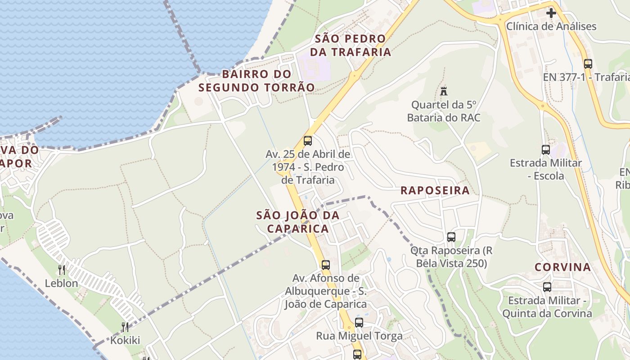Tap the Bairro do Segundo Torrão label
[x=256, y=81]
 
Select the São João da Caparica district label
[x=297, y=222]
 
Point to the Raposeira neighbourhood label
[x=435, y=190]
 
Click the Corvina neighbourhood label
[x=562, y=267]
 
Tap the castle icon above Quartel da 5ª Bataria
[x=444, y=91]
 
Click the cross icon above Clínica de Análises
[x=551, y=13]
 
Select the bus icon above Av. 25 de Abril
[x=308, y=140]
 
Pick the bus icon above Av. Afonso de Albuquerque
[x=326, y=265]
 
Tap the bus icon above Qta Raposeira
[x=451, y=237]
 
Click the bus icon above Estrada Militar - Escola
[x=545, y=149]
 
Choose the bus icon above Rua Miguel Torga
[x=359, y=322]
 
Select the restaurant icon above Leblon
[x=62, y=270]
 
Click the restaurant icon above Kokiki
[x=125, y=327]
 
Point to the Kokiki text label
[x=125, y=340]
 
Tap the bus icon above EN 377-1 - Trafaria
[x=588, y=63]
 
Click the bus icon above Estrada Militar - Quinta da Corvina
[x=547, y=287]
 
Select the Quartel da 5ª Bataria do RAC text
[x=444, y=111]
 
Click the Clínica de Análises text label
[x=551, y=26]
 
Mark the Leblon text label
[x=61, y=283]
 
